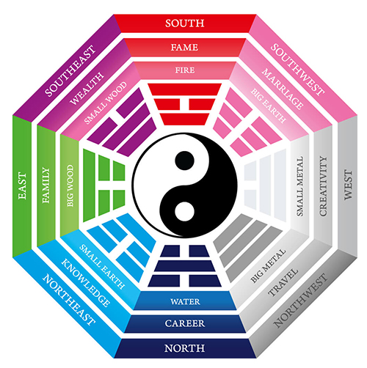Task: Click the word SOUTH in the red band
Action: tap(184, 23)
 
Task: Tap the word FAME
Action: tap(184, 47)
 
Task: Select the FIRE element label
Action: tap(185, 70)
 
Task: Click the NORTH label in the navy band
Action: tap(184, 348)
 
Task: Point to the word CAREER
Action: tap(185, 323)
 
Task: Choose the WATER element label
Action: tap(185, 301)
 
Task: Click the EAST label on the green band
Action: tap(22, 186)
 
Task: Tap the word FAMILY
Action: tap(46, 185)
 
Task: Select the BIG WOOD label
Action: tap(70, 185)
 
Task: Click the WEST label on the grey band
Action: tap(348, 185)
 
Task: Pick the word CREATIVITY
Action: tap(323, 186)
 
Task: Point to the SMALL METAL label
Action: tap(300, 186)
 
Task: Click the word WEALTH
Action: tap(87, 89)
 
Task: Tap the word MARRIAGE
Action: tap(283, 89)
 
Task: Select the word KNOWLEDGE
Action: tap(85, 283)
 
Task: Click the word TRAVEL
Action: tap(283, 282)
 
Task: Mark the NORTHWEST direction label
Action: tap(300, 301)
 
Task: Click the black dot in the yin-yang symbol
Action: tap(185, 161)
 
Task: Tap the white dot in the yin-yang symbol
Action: tap(185, 212)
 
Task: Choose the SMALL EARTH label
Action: tap(102, 267)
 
